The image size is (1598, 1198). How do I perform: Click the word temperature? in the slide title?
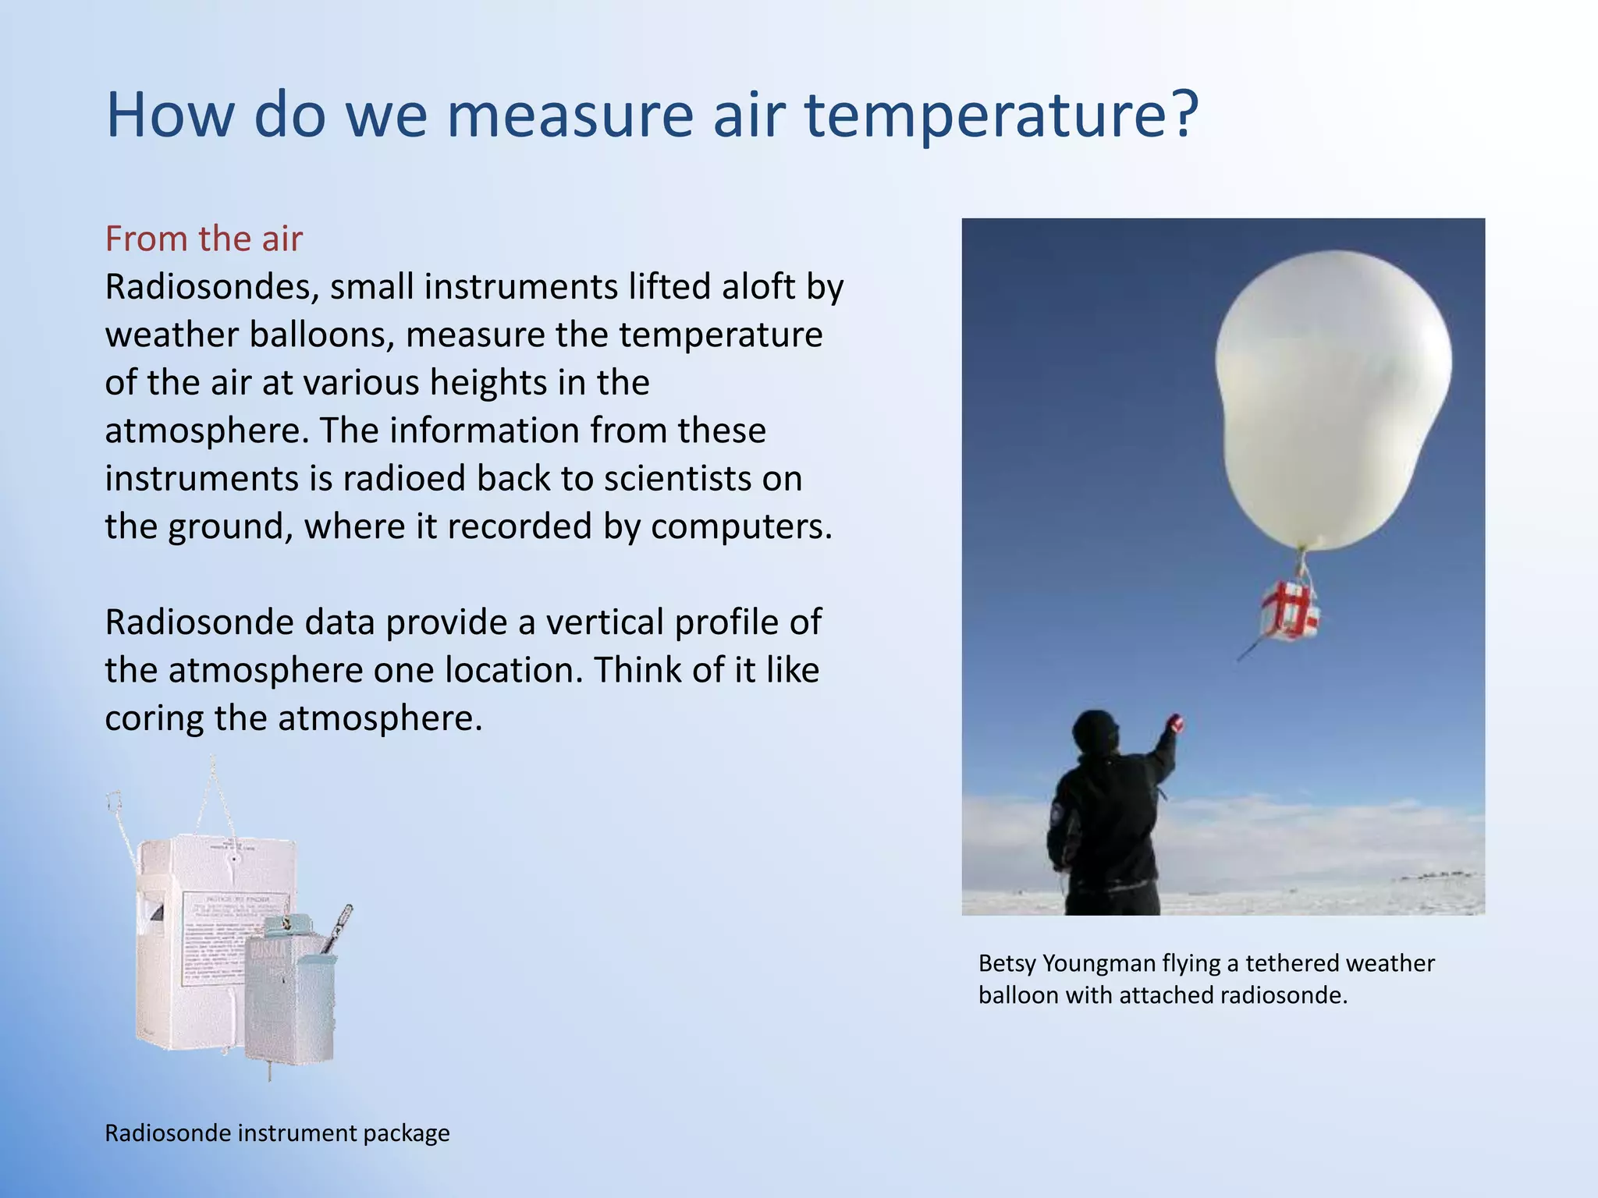pos(1000,115)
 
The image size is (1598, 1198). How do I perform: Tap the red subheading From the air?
pos(204,239)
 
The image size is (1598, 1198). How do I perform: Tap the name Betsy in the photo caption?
pos(1007,964)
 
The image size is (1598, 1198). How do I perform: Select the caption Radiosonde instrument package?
pos(277,1133)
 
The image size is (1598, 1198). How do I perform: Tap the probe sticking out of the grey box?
pos(339,928)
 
